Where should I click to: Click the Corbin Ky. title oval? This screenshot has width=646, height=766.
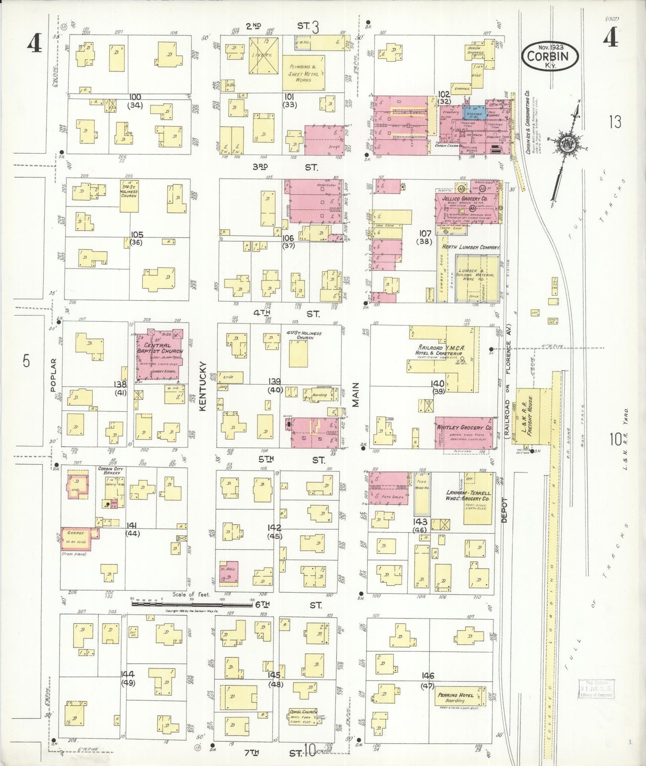[x=550, y=55]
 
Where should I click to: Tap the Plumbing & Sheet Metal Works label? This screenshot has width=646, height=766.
[x=304, y=73]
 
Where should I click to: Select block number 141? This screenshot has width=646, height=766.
[x=133, y=525]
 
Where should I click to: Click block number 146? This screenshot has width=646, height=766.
[x=427, y=675]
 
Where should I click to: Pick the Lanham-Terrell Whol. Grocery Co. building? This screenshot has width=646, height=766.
[x=478, y=499]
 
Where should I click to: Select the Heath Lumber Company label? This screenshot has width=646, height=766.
[x=471, y=247]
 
